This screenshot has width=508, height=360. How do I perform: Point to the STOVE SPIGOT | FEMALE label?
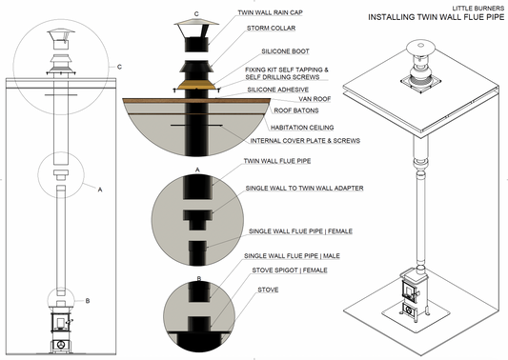coord(287,270)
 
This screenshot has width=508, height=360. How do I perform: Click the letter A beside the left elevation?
coord(99,190)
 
